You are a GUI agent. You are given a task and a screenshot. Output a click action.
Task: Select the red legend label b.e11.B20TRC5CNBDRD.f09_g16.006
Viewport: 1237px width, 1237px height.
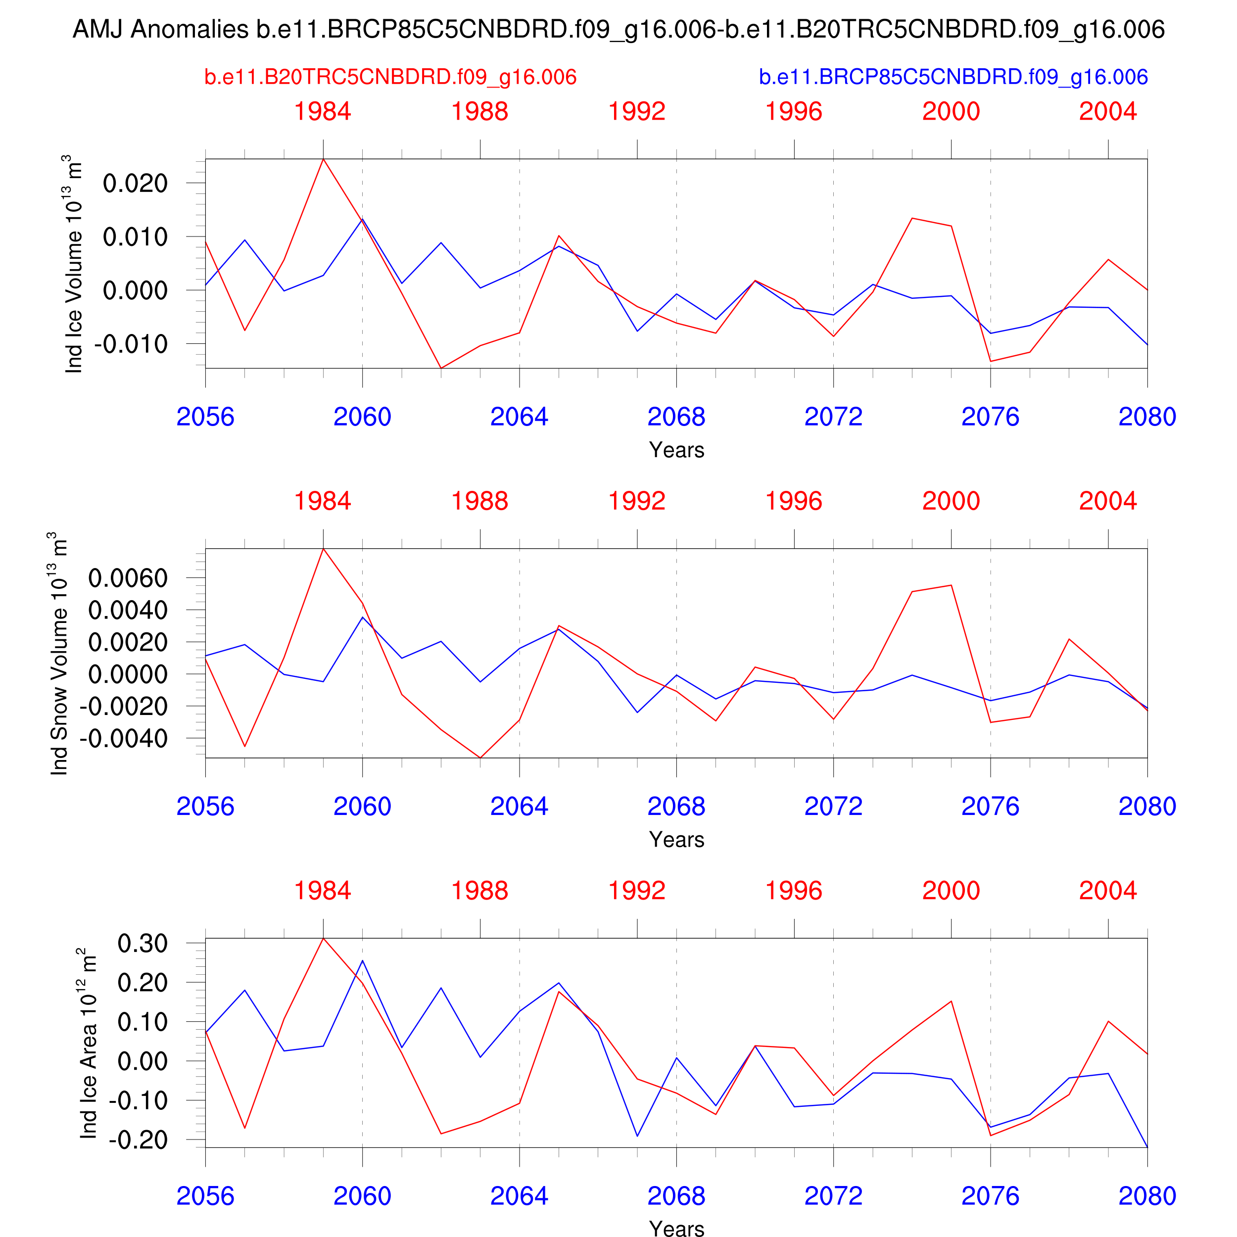pos(390,77)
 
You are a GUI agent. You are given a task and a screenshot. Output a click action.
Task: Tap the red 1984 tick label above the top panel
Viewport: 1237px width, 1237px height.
pos(323,111)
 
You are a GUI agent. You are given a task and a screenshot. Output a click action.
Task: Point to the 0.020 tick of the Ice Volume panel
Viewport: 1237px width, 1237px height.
pos(135,183)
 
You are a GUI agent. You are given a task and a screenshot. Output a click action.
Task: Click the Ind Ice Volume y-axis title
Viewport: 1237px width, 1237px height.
pos(74,264)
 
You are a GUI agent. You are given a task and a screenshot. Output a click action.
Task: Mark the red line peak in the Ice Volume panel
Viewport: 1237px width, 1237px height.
pos(323,159)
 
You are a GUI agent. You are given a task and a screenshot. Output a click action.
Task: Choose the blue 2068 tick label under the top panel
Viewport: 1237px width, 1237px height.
pos(676,417)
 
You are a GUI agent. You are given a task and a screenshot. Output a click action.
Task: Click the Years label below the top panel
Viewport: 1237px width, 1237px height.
pos(676,450)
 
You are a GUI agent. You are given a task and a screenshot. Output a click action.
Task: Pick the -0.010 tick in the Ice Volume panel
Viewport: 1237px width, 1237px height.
pos(131,344)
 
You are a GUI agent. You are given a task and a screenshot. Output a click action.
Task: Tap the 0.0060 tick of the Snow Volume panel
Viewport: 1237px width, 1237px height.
pos(128,578)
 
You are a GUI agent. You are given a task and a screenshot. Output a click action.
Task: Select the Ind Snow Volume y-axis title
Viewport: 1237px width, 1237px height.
pos(58,654)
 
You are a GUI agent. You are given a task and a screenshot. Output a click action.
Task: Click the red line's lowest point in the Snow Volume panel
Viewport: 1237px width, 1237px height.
pos(480,758)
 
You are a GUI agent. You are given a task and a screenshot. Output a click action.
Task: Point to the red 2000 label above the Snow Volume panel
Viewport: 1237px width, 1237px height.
pos(951,501)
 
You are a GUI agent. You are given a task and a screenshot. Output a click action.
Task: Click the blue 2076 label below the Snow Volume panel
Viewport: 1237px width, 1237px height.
pos(990,806)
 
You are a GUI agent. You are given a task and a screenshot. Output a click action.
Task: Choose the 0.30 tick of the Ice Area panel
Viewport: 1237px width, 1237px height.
pos(142,943)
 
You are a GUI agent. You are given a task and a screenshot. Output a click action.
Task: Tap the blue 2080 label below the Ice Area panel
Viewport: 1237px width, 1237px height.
pos(1147,1196)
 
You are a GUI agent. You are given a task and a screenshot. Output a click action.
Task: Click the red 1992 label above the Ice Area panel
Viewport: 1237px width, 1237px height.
pos(637,891)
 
